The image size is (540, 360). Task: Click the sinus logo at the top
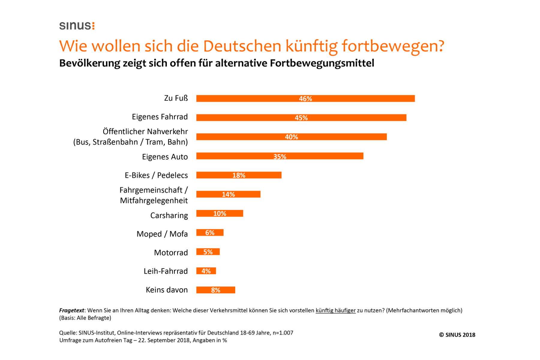click(77, 26)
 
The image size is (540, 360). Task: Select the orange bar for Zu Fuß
click(305, 98)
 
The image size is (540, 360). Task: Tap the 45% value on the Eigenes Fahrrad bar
click(301, 118)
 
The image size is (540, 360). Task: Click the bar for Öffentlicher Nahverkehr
click(291, 137)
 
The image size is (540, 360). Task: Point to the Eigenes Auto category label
click(165, 157)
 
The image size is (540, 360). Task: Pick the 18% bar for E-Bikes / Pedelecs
click(239, 175)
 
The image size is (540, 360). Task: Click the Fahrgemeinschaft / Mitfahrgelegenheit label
click(154, 195)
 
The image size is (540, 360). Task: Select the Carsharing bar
click(220, 214)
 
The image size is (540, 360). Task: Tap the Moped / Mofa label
click(162, 234)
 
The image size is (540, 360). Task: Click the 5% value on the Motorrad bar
click(208, 252)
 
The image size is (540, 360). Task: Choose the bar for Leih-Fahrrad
click(206, 271)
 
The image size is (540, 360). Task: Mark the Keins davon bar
click(216, 290)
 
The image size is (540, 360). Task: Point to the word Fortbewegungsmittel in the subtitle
click(322, 63)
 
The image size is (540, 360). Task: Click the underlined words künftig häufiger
click(335, 310)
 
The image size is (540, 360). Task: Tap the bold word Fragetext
click(71, 310)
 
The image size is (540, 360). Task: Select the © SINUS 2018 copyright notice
click(457, 335)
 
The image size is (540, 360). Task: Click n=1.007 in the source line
click(283, 333)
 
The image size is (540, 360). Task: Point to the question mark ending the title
click(440, 46)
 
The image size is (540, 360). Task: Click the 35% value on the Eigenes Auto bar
click(280, 157)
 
